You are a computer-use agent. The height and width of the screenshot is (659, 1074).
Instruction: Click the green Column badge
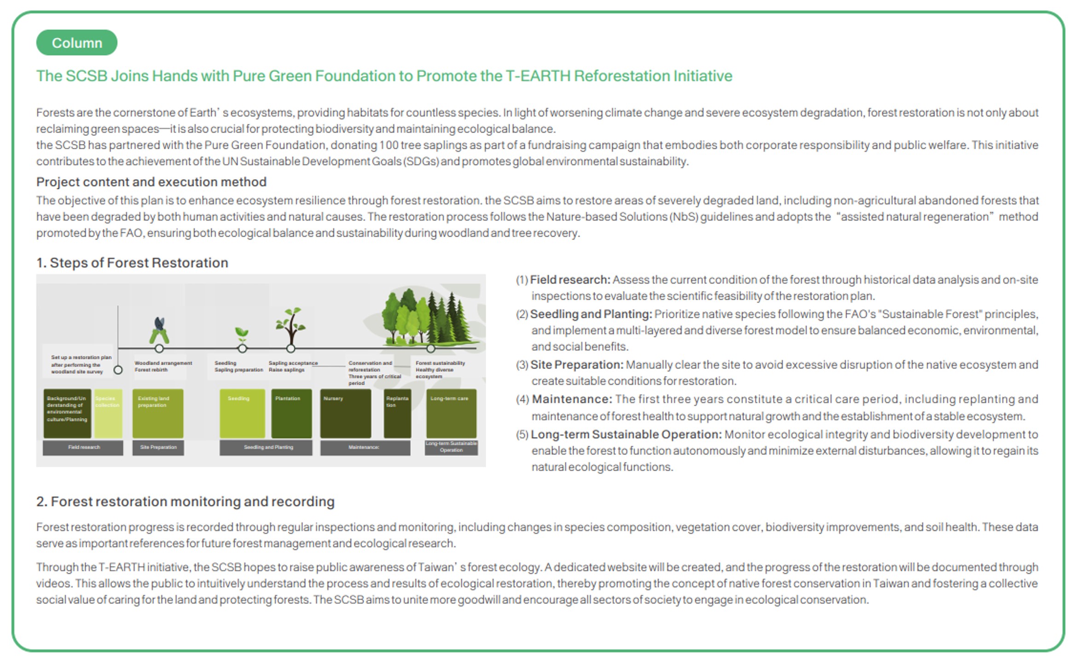[76, 43]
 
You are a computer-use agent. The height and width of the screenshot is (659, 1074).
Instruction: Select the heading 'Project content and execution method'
[151, 182]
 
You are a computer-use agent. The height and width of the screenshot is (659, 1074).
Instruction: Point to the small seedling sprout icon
[242, 333]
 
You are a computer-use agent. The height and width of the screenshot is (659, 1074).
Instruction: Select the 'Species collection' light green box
[108, 413]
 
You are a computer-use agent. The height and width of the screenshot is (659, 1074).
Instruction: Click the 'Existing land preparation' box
[157, 413]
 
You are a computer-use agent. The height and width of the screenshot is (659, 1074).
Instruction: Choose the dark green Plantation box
[291, 413]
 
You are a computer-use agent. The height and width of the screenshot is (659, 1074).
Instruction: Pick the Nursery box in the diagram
[345, 413]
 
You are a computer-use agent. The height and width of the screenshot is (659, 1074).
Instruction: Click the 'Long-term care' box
[451, 413]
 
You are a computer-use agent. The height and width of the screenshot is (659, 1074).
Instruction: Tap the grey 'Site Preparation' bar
[158, 447]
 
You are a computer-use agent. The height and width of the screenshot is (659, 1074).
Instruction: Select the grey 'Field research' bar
[83, 447]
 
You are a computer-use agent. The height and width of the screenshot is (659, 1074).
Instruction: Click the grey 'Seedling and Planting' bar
[266, 447]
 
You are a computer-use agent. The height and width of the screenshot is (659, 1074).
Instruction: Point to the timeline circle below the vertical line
[118, 370]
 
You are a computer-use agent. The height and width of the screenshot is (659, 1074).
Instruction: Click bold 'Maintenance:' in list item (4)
[572, 399]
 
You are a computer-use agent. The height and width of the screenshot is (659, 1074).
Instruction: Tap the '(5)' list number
[522, 435]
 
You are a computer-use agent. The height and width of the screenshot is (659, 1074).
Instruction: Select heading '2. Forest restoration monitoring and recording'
[185, 502]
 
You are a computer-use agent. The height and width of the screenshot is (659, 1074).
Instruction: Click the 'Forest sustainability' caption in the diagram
[440, 363]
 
